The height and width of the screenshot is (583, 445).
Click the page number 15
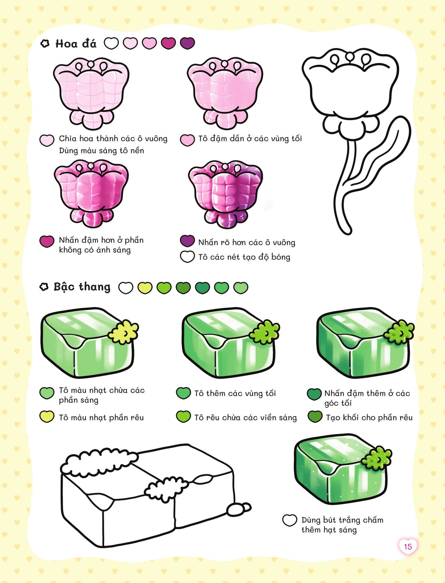coord(408,547)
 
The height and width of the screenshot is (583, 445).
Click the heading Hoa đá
coord(76,44)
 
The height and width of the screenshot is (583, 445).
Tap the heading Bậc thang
coord(82,287)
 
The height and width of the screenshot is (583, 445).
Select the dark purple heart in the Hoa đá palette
coord(187,43)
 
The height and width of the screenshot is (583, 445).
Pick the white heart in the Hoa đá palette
coord(112,43)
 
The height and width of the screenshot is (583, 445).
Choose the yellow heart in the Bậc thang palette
coord(145,288)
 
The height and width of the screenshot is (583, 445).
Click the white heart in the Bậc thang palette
coord(126,288)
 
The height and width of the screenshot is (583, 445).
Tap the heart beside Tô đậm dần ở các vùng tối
coord(187,140)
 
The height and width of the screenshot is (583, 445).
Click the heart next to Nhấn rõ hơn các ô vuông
coord(187,241)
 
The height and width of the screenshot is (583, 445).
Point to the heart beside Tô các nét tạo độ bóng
coord(187,257)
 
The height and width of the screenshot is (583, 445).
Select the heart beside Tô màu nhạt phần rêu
coord(47,417)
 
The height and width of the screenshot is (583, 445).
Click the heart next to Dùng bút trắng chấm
coord(290,520)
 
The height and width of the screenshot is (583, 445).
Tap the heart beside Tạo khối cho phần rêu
coord(315,417)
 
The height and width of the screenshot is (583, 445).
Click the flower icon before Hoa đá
coord(45,43)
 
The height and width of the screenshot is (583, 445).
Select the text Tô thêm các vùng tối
coord(235,394)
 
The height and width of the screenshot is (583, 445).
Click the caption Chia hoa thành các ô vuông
coord(113,138)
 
